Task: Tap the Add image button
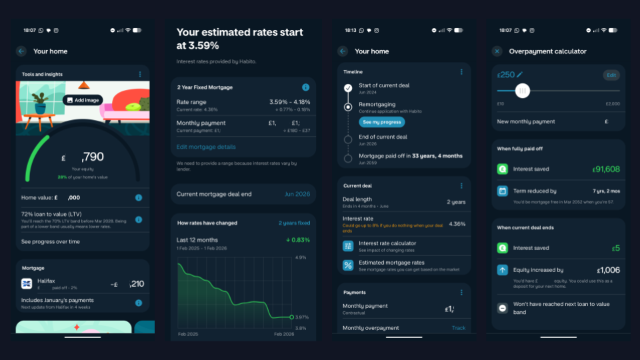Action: coord(83,100)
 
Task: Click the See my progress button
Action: coord(382,122)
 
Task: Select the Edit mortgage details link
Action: coord(206,147)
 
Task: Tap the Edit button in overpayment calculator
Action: coord(611,75)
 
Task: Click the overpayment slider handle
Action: coord(523,91)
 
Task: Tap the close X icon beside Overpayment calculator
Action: coord(497,51)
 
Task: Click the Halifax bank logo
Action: coord(27,284)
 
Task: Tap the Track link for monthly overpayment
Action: coord(459,328)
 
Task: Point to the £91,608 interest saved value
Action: coord(605,169)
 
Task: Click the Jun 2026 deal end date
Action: coord(297,194)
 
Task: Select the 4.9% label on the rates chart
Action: coord(300,257)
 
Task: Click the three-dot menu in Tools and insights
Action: coord(139,74)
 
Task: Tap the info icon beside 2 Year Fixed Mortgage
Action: coord(305,87)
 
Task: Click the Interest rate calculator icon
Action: coord(348,246)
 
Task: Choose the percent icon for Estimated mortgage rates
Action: coord(348,265)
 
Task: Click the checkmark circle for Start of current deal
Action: coord(348,88)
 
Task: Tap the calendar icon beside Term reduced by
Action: coord(503,191)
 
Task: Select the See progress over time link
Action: coord(50,242)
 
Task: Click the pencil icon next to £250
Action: coord(520,75)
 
